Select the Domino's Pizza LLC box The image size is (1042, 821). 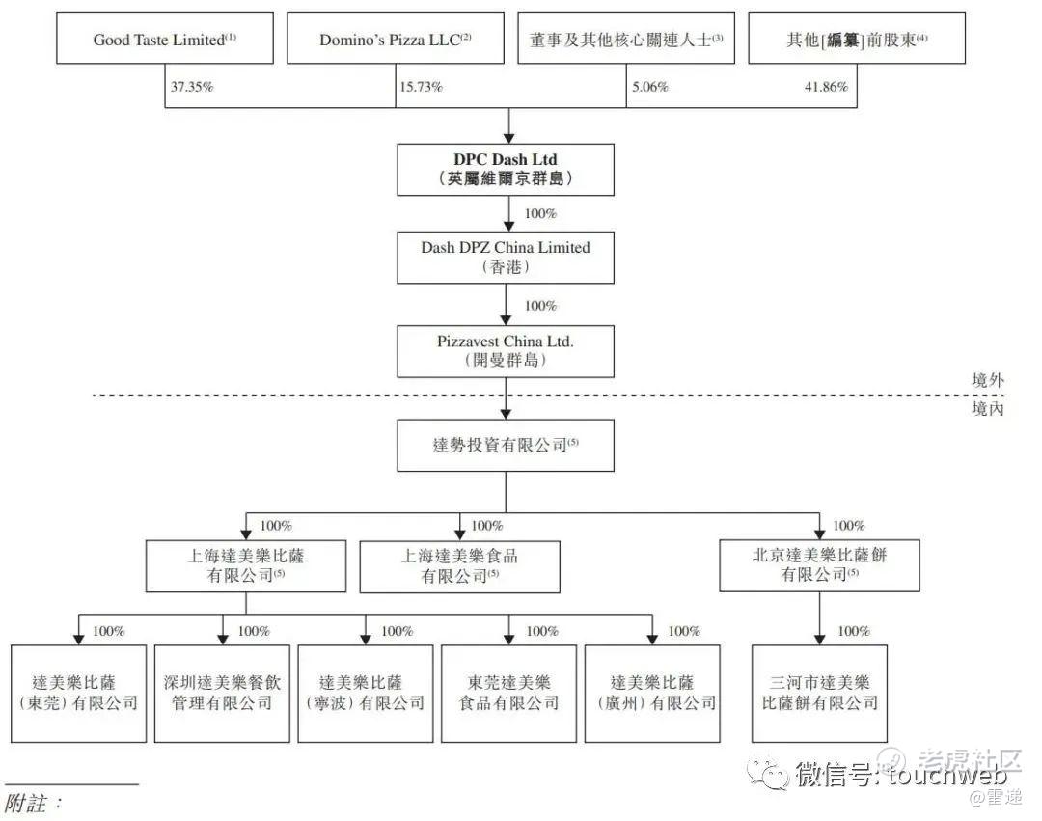tap(396, 40)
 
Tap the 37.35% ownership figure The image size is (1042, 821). tap(192, 87)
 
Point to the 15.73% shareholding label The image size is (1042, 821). tap(422, 87)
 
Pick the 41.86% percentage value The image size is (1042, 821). tap(826, 87)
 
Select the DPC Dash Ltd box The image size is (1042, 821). tap(506, 169)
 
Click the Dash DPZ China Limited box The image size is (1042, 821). tap(506, 257)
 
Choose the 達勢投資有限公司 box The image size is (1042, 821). tap(506, 445)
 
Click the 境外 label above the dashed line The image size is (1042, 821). tap(987, 381)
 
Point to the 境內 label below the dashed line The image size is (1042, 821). tap(987, 409)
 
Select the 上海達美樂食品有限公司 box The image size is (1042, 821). tap(459, 565)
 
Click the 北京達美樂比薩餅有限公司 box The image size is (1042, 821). tap(820, 565)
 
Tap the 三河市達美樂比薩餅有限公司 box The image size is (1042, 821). tap(820, 693)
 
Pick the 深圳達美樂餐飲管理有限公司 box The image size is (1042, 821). tap(222, 693)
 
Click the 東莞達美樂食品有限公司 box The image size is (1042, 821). tap(509, 693)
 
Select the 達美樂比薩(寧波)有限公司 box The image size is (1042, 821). tap(366, 693)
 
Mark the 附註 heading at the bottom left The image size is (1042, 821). tap(35, 803)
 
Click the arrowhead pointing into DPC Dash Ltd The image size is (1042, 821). tap(506, 138)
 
